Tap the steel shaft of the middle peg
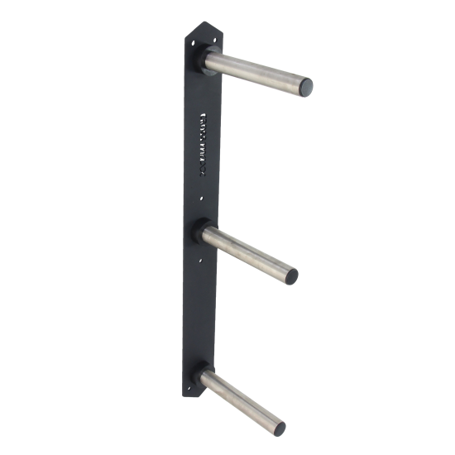248,251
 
